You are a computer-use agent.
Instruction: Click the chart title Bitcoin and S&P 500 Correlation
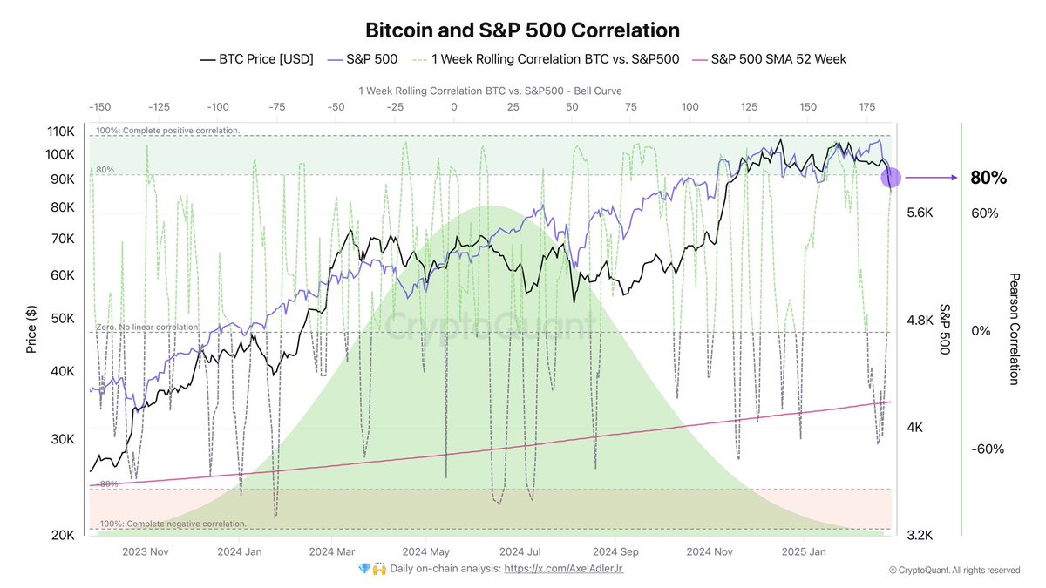pyautogui.click(x=522, y=30)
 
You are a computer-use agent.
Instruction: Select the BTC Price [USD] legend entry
pyautogui.click(x=256, y=59)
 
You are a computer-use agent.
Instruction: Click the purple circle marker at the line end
pyautogui.click(x=892, y=178)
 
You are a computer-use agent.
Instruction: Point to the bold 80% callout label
pyautogui.click(x=988, y=178)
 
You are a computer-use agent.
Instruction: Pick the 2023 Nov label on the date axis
pyautogui.click(x=145, y=551)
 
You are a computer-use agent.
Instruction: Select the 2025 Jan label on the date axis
pyautogui.click(x=804, y=551)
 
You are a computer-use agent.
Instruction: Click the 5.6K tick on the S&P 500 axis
pyautogui.click(x=920, y=213)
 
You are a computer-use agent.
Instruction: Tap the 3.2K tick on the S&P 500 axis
pyautogui.click(x=920, y=535)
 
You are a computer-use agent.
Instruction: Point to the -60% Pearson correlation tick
pyautogui.click(x=987, y=449)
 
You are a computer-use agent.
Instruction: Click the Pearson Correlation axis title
pyautogui.click(x=1014, y=328)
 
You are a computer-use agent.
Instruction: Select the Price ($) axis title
pyautogui.click(x=31, y=328)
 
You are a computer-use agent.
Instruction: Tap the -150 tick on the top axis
pyautogui.click(x=100, y=106)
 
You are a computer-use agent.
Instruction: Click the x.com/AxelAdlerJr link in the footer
pyautogui.click(x=565, y=568)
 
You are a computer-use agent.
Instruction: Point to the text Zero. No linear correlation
pyautogui.click(x=146, y=327)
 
